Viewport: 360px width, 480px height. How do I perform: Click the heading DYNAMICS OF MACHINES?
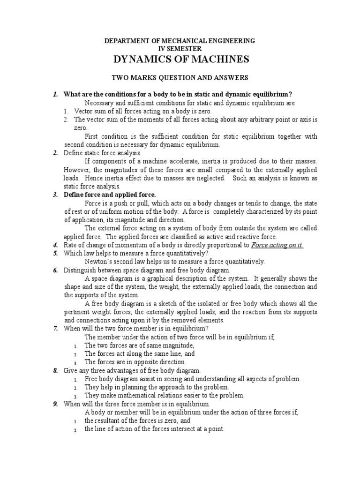[x=180, y=60]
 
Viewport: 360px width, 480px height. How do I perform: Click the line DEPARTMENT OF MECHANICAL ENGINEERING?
[x=180, y=41]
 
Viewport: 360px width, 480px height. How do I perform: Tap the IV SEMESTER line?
[x=180, y=49]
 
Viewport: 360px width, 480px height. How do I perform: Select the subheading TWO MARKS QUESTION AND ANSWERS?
[x=180, y=77]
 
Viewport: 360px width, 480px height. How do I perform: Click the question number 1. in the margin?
[x=55, y=94]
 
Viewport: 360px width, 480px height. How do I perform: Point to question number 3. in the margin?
[x=55, y=194]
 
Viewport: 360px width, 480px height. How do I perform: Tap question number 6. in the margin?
[x=55, y=270]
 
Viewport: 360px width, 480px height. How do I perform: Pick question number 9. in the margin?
[x=55, y=404]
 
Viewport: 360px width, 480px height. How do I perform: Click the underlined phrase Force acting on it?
[x=277, y=245]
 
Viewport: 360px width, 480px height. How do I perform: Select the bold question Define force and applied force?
[x=109, y=194]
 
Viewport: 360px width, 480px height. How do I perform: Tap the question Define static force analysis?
[x=102, y=153]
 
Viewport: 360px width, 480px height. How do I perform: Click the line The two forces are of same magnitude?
[x=133, y=345]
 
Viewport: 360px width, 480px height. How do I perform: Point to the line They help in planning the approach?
[x=157, y=387]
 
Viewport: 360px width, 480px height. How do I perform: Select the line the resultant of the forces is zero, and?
[x=137, y=420]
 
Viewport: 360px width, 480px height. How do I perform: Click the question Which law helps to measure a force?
[x=128, y=254]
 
